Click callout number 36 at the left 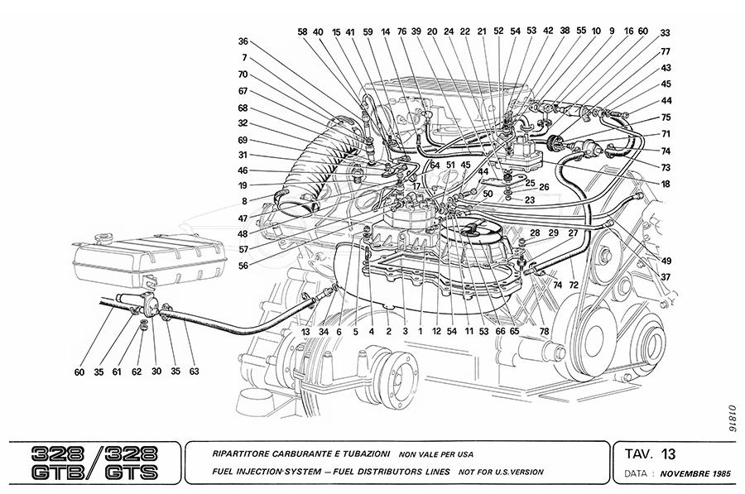pos(243,41)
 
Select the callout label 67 pos(243,92)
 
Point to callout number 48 pos(243,234)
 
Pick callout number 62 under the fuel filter pos(137,372)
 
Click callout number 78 pos(544,332)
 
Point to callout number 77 pos(665,51)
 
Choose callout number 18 pos(665,184)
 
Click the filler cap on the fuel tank pos(103,238)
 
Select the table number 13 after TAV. pos(668,453)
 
